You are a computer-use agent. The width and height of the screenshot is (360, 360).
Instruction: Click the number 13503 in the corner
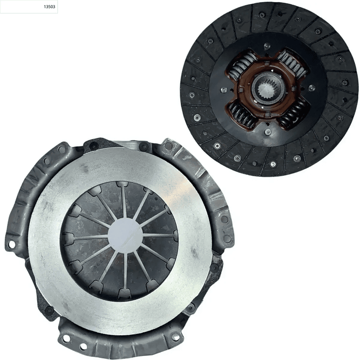(x=50, y=7)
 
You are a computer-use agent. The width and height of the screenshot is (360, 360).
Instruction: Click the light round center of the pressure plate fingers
(x=125, y=235)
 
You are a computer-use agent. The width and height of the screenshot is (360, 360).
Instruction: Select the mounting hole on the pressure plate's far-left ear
(x=11, y=245)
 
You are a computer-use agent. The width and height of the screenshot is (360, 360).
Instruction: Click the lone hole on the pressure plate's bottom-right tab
(x=175, y=337)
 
